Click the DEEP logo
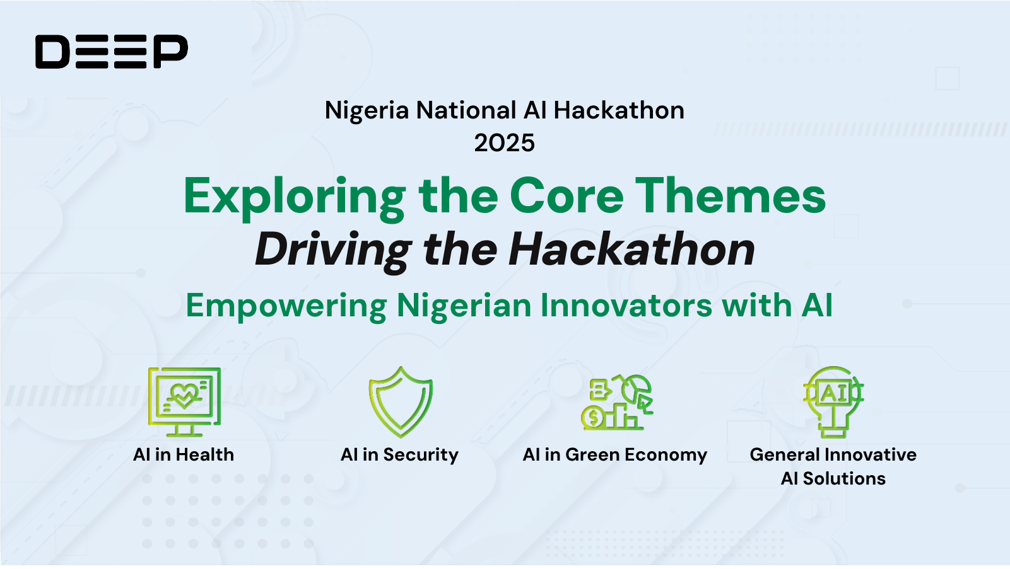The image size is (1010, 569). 112,52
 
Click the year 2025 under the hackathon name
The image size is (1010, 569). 504,143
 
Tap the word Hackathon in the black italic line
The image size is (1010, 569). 631,250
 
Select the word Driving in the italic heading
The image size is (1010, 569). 333,250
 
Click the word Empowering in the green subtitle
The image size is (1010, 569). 286,306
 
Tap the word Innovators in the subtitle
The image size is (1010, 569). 626,306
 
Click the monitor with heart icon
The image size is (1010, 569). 184,401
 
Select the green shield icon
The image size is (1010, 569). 401,402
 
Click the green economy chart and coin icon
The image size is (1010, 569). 616,402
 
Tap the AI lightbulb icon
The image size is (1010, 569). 833,401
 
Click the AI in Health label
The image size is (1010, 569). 184,454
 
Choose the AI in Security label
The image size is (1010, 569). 399,454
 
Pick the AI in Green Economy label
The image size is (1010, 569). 615,454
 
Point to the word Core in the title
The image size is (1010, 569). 566,196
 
